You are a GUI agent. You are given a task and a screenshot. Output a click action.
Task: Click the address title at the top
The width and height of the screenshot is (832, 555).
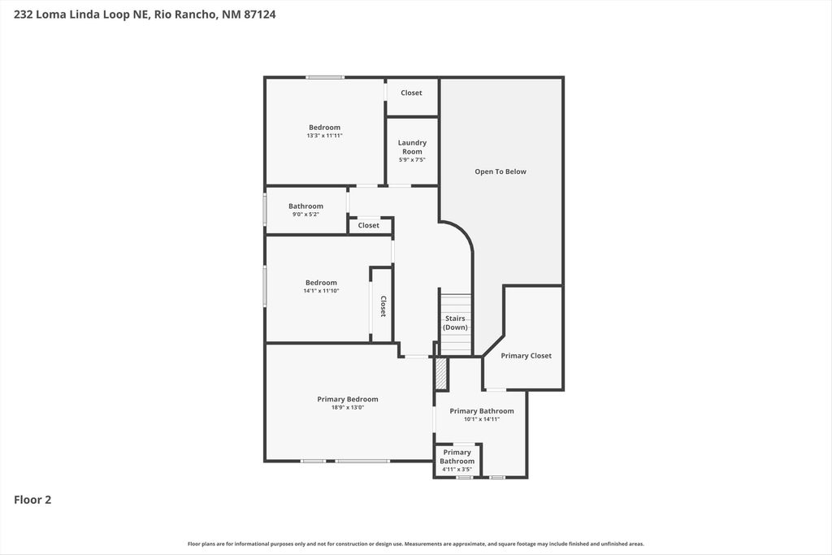144,14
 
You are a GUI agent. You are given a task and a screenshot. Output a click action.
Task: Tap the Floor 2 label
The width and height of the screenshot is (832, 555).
32,500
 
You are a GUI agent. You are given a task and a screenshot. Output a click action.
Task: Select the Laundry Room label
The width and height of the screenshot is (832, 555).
412,147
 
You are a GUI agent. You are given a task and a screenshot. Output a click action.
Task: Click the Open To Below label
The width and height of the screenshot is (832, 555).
500,171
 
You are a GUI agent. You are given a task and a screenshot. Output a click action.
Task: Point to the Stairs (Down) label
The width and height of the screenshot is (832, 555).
455,323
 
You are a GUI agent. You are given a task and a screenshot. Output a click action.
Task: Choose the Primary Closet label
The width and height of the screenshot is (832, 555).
526,356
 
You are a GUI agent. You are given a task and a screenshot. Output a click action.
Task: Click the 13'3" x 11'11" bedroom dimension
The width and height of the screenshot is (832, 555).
324,136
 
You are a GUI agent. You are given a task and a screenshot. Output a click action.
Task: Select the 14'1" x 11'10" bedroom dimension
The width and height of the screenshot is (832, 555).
321,291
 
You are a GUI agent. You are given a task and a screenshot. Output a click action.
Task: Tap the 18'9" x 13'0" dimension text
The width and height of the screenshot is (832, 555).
347,408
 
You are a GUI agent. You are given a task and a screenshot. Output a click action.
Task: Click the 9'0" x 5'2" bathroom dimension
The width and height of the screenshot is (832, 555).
305,215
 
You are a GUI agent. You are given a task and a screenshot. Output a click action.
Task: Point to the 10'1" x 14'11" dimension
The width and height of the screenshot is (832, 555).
481,419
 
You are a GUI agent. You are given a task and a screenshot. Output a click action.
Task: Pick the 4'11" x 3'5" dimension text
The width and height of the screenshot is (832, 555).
457,469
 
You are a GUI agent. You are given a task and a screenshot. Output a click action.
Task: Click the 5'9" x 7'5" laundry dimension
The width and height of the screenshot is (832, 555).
412,159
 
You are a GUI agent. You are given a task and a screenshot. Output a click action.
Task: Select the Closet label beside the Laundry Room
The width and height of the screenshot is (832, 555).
411,93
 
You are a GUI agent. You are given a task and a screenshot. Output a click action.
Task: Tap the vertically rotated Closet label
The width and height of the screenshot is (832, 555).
383,306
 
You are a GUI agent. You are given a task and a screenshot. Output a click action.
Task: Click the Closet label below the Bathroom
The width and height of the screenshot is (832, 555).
368,225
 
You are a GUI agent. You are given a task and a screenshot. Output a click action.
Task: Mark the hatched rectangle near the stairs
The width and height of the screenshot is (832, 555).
440,373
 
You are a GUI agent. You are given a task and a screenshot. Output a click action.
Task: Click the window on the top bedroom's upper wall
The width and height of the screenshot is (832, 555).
325,77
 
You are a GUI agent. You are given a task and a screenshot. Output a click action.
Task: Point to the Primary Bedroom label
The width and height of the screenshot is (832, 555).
347,399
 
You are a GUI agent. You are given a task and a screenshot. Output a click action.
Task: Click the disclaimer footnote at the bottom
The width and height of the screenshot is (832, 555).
416,544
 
